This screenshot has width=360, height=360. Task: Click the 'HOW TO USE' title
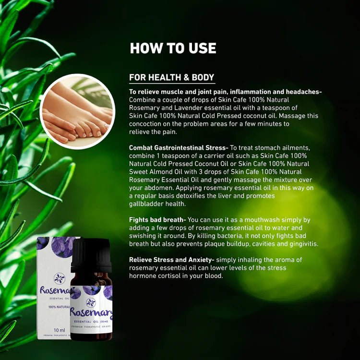coord(173,48)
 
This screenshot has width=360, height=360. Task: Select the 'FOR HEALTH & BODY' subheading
coord(171,77)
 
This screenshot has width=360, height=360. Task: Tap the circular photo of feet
coord(77,111)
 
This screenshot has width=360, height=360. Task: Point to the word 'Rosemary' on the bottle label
coord(91,312)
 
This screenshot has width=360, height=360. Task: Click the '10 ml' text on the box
coord(59,330)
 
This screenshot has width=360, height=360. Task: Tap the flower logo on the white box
coord(59,278)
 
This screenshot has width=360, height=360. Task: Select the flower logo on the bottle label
coord(91,302)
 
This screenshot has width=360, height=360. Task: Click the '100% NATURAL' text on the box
coord(59,307)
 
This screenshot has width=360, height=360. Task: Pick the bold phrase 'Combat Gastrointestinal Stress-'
coord(179,148)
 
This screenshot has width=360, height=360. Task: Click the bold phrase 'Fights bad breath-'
coord(157,220)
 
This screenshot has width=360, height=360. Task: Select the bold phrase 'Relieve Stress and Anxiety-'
coord(171,260)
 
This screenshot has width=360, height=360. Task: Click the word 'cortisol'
coord(169,276)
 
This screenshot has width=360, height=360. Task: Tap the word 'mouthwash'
coord(262,220)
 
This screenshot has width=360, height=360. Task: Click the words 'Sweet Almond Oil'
coord(156,172)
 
